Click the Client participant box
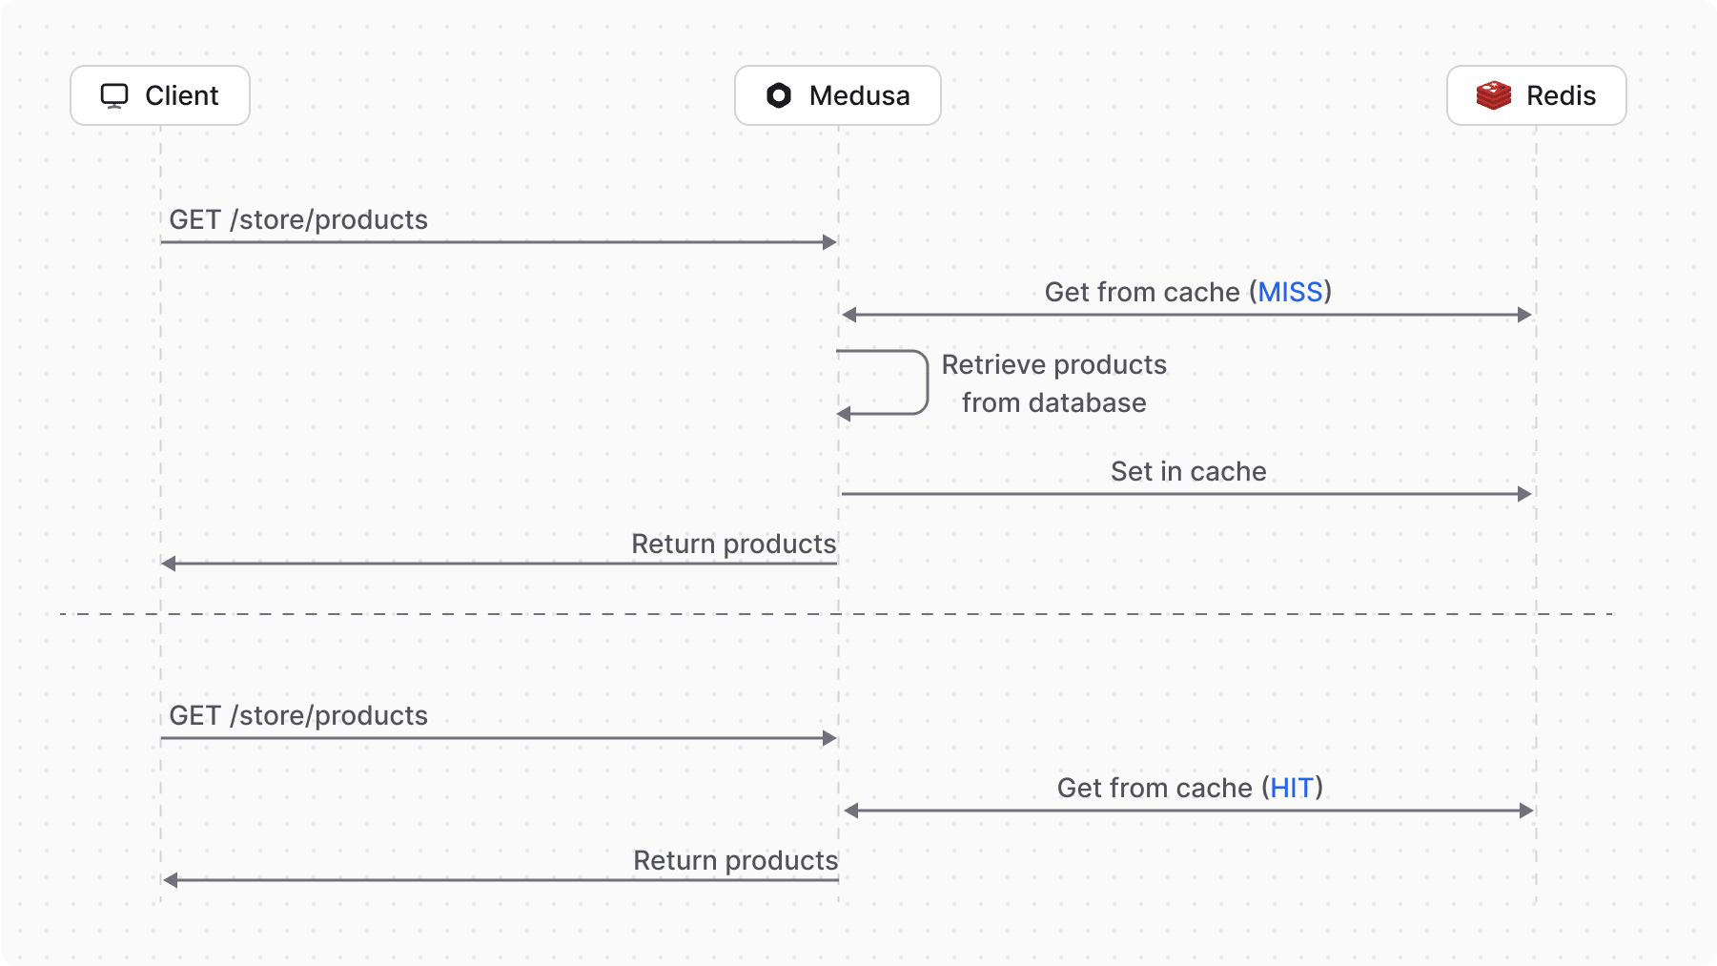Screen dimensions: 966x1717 tap(160, 95)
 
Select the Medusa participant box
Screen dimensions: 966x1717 tap(837, 95)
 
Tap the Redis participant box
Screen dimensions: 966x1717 tap(1536, 95)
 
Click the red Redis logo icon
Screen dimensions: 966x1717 tap(1493, 95)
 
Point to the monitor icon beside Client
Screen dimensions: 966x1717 tap(114, 95)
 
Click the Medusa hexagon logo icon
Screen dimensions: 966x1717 tap(779, 95)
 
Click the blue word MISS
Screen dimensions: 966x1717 tap(1290, 292)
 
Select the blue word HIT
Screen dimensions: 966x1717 tap(1292, 788)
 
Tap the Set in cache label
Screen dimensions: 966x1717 tap(1188, 471)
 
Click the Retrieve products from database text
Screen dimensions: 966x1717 tap(1053, 383)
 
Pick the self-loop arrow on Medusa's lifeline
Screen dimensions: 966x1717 tap(925, 382)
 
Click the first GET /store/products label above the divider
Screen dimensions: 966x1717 tap(298, 220)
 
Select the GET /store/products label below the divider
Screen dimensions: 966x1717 tap(298, 716)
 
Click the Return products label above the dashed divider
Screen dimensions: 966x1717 tap(733, 544)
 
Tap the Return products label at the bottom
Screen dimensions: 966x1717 tap(735, 860)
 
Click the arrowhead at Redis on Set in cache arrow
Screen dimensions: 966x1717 tap(1524, 494)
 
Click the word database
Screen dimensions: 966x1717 tap(1087, 403)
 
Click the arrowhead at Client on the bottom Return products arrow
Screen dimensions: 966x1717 tap(171, 880)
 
